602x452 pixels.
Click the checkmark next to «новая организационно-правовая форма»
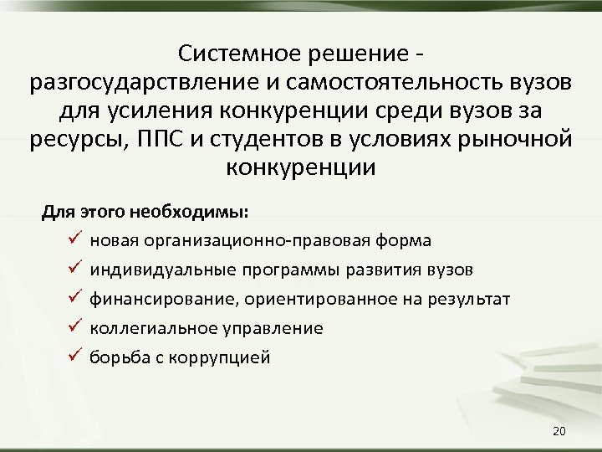click(74, 240)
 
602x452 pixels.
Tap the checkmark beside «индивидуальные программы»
click(74, 270)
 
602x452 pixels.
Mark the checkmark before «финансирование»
click(74, 299)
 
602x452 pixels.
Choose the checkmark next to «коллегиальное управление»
click(74, 328)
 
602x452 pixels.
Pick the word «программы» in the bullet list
click(283, 270)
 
